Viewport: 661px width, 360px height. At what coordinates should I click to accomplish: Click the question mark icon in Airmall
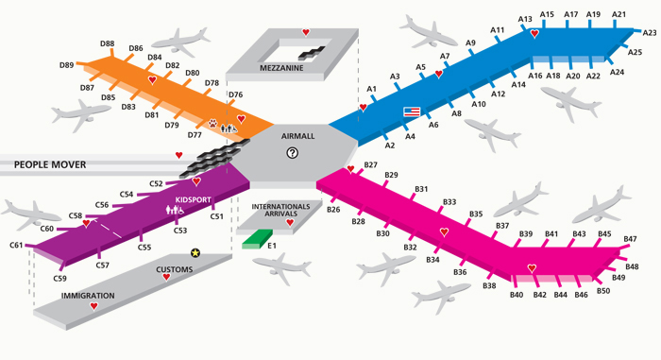click(x=293, y=152)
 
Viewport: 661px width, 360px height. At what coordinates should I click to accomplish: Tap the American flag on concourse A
click(x=412, y=111)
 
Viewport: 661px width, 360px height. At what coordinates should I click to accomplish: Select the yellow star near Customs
click(x=195, y=252)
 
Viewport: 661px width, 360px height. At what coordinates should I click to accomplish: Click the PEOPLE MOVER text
click(x=50, y=165)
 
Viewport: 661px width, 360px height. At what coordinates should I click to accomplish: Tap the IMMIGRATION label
click(x=88, y=296)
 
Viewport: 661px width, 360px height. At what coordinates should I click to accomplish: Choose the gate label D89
click(x=66, y=65)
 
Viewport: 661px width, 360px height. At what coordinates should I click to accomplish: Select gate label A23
click(x=650, y=33)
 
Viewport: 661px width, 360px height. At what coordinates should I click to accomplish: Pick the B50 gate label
click(x=603, y=290)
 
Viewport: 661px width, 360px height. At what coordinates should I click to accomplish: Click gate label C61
click(x=17, y=246)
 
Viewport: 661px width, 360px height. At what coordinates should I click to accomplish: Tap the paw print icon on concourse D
click(x=213, y=123)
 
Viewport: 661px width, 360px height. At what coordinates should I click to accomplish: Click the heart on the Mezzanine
click(x=305, y=33)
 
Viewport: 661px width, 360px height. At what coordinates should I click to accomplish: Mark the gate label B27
click(x=370, y=166)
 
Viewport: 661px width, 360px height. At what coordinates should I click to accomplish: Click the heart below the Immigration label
click(x=93, y=307)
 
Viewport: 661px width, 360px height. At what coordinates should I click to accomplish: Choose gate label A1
click(x=371, y=89)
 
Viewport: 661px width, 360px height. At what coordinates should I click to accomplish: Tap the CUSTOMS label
click(x=174, y=270)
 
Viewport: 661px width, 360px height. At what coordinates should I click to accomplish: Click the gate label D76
click(x=236, y=94)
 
